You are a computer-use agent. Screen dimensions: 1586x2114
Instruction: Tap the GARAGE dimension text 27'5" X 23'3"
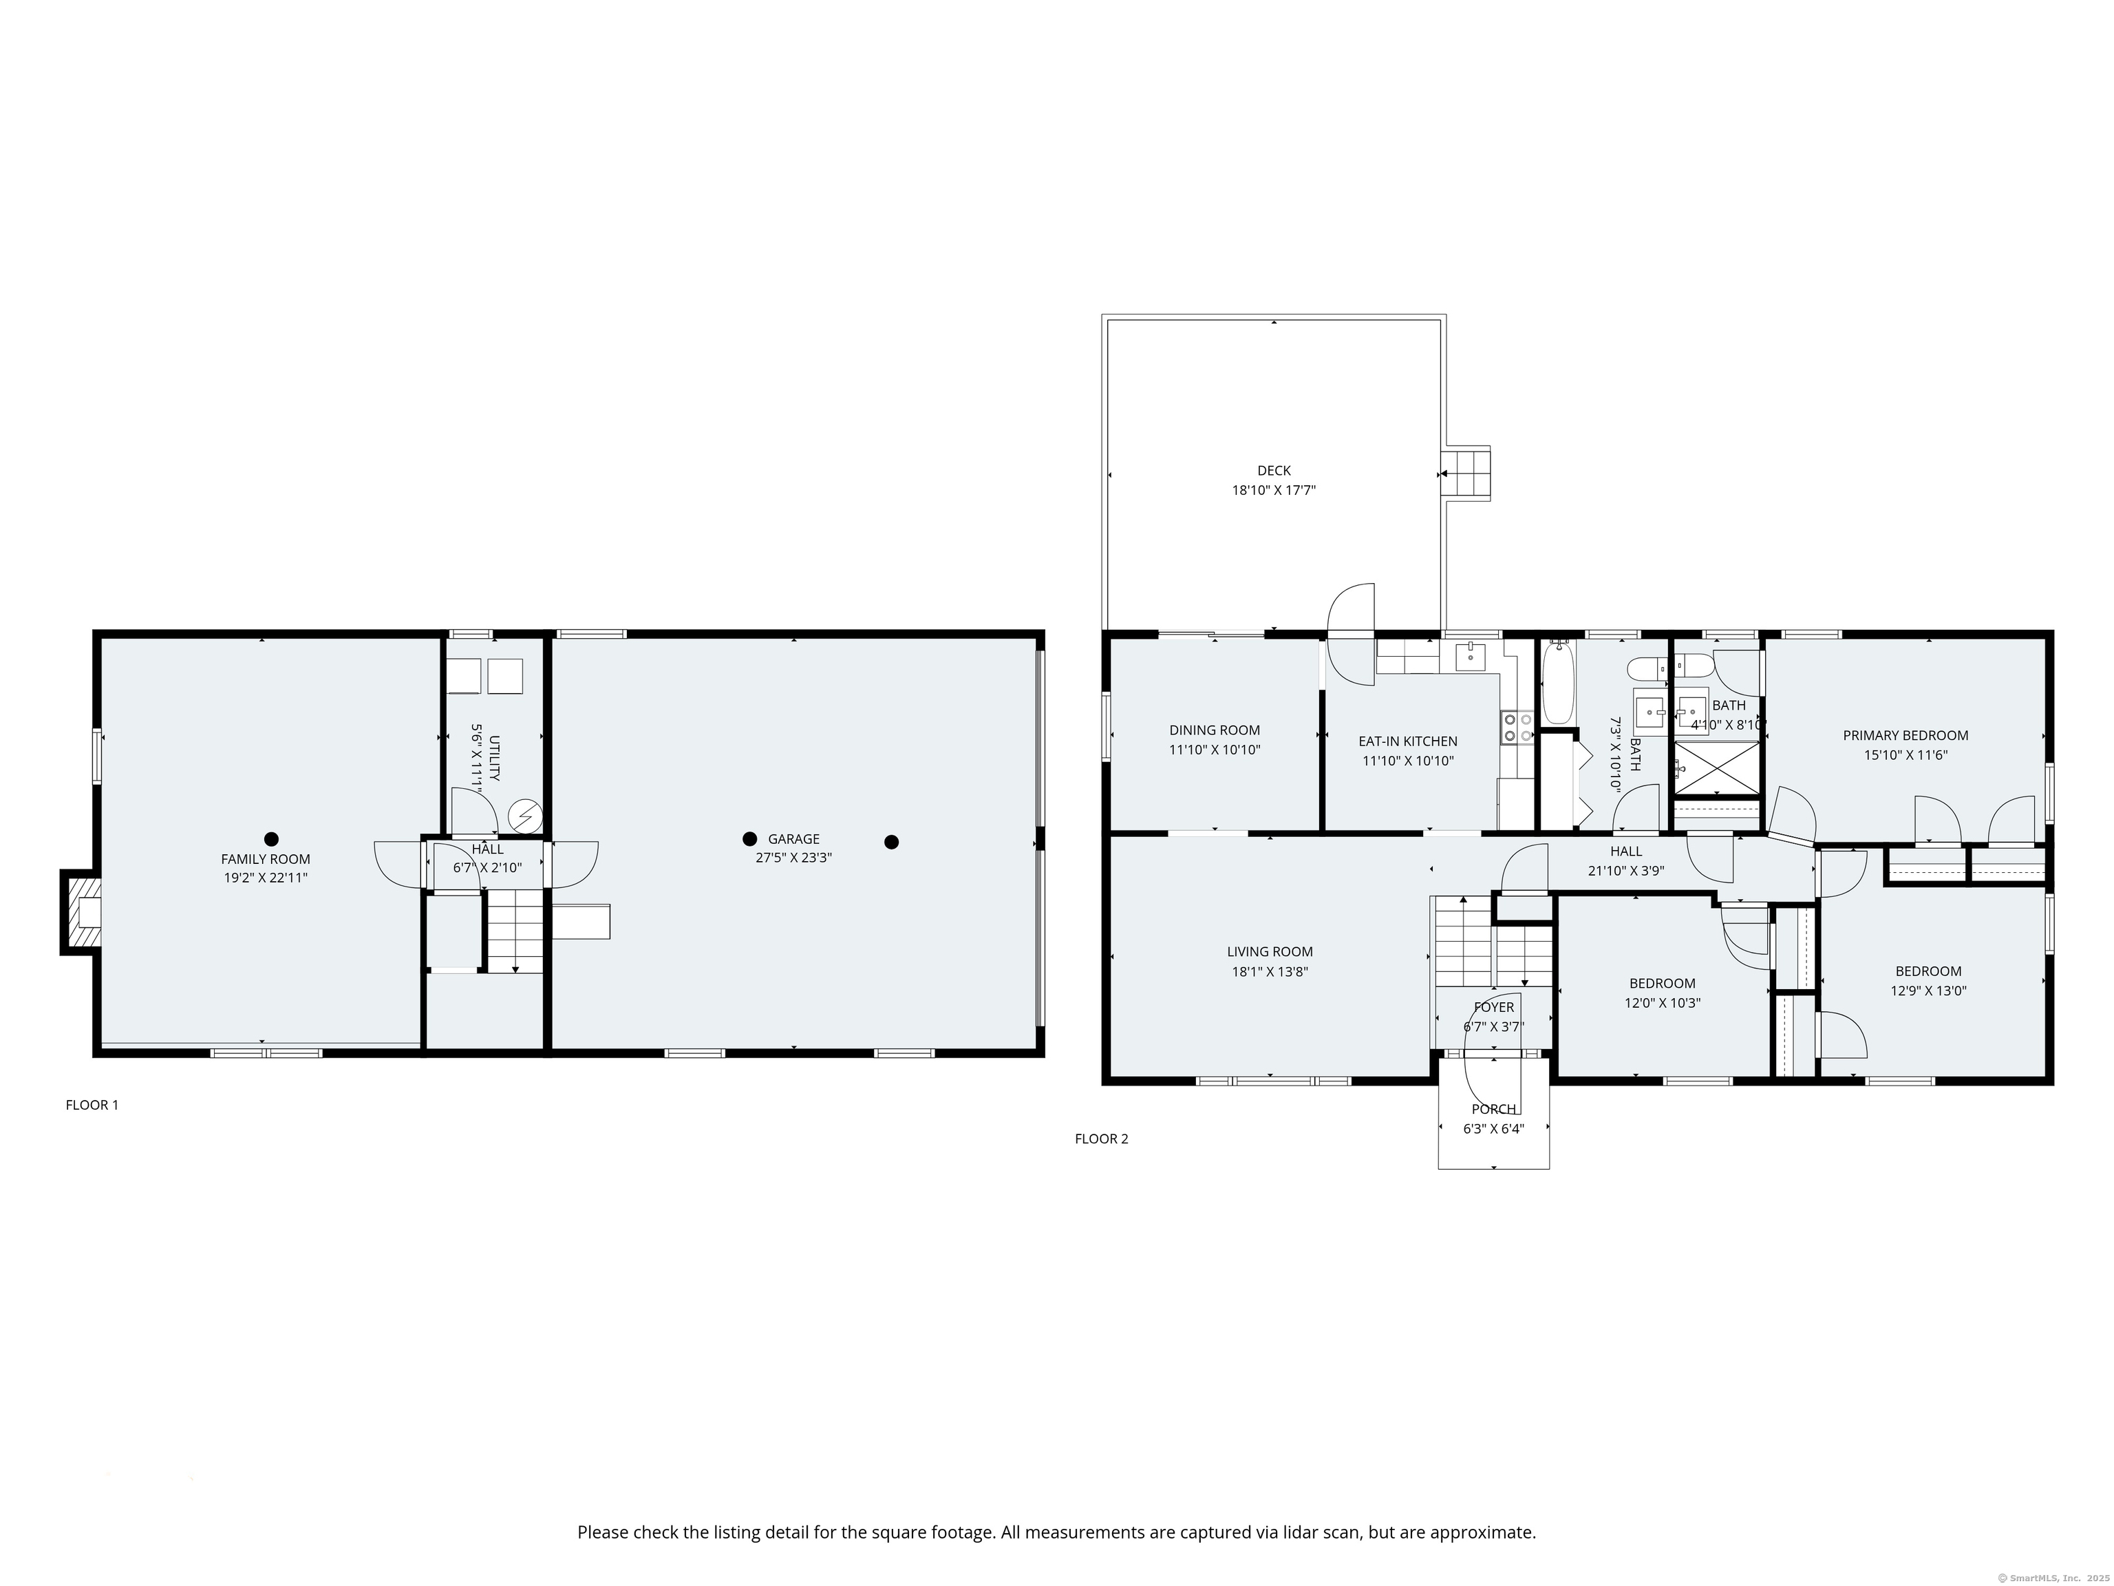793,858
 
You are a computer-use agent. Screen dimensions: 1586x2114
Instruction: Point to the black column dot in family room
271,839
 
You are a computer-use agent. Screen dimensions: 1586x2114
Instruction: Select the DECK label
1273,470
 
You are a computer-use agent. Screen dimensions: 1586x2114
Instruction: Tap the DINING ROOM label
1214,730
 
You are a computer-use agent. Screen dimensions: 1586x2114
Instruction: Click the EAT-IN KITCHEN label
1408,741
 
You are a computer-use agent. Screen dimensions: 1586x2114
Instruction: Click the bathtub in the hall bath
1558,684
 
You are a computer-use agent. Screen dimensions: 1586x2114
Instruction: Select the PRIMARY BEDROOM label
1905,735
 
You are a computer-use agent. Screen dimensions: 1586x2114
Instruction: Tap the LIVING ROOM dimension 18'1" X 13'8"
1269,972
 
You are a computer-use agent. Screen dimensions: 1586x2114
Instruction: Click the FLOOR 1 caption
92,1105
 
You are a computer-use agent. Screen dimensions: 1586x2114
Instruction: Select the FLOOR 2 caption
1101,1139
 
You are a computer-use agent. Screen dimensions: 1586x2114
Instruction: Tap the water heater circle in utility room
524,816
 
